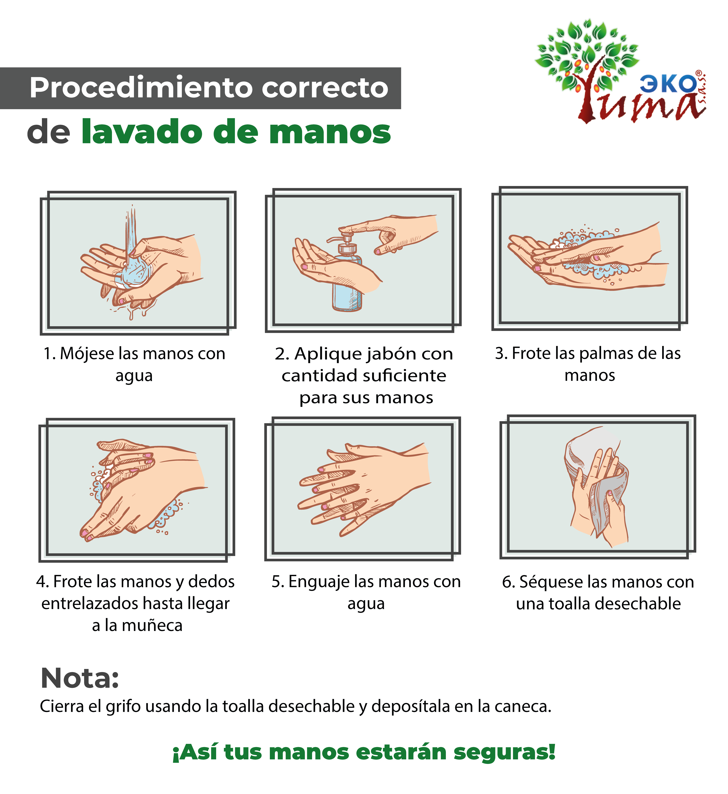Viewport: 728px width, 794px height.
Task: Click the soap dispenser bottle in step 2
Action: [x=347, y=276]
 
